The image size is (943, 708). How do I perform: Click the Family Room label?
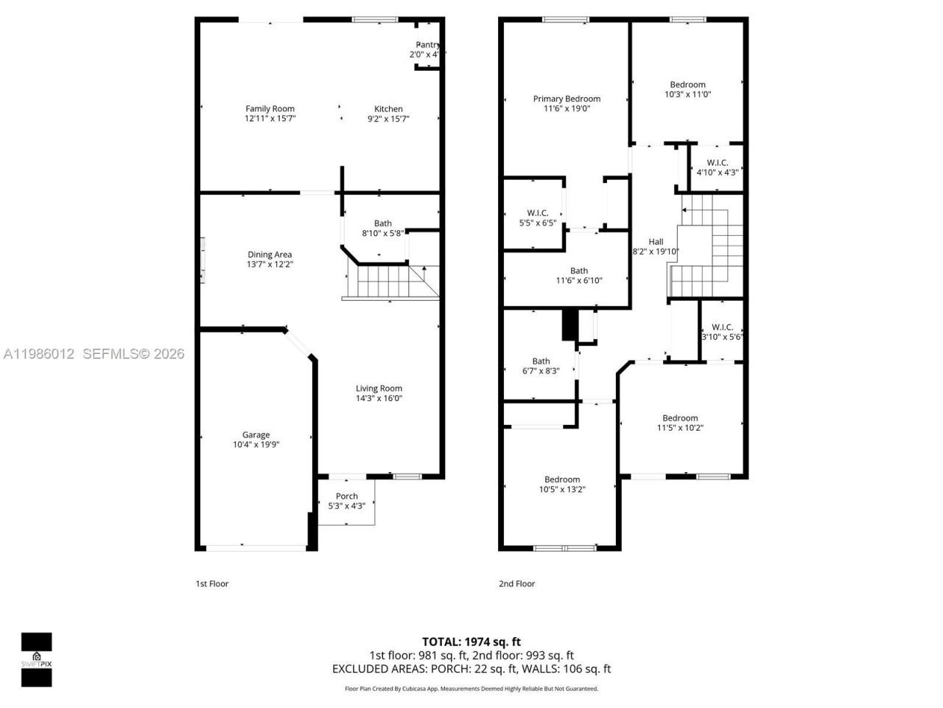coord(270,109)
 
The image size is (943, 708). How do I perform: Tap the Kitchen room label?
coord(388,109)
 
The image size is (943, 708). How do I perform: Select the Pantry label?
coord(427,45)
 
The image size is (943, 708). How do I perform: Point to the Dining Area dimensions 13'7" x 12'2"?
coord(270,265)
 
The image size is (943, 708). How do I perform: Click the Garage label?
coord(256,435)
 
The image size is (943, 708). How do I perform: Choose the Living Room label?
coord(379,389)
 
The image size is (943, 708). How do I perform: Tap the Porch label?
coord(346,496)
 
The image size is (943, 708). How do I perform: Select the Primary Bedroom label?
coord(567,99)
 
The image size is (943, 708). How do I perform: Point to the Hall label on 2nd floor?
coord(656,242)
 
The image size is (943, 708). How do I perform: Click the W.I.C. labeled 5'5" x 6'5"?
coord(538,218)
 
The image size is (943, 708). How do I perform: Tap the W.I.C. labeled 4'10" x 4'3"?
coord(717,167)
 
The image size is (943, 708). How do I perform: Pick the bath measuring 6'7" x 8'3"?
coord(541,366)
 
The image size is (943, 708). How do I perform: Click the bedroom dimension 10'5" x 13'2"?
coord(562,489)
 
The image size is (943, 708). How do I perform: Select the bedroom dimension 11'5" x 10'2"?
coord(680,428)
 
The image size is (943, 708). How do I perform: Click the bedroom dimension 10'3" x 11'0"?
coord(687,94)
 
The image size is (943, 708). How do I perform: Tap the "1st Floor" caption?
coord(212,584)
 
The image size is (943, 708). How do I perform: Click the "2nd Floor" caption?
coord(516,584)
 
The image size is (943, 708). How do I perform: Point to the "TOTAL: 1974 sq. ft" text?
coord(471,642)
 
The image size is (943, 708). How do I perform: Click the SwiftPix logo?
coord(36,659)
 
